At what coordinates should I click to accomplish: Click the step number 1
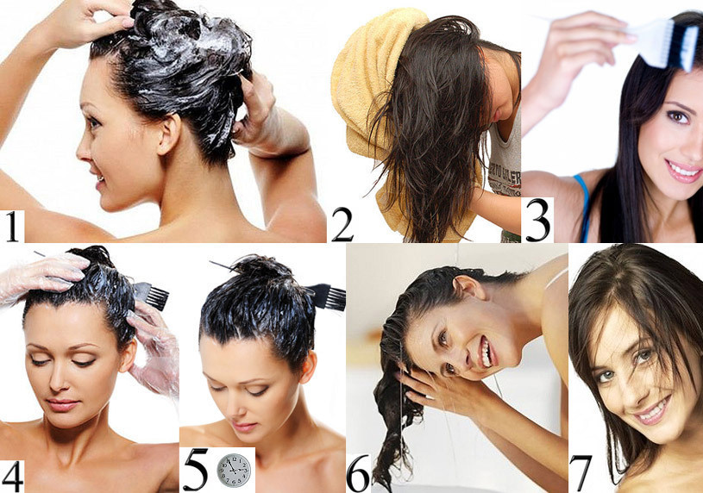coord(12,227)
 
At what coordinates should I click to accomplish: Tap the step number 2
coord(342,227)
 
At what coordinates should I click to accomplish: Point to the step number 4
coord(12,477)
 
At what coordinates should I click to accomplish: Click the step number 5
coord(196,469)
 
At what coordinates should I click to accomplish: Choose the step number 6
coord(359,474)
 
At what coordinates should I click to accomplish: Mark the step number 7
coord(581,474)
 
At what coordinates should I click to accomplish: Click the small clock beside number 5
coord(234,470)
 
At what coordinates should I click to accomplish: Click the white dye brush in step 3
coord(663,42)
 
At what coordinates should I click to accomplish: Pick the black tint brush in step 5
coord(327,296)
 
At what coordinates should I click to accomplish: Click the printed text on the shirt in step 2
coord(505,179)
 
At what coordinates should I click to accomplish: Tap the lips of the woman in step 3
coord(683,172)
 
